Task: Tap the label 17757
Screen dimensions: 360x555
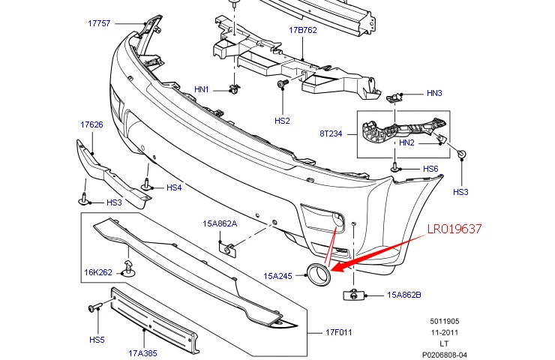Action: coord(100,23)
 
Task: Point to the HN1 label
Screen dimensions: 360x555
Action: coord(202,89)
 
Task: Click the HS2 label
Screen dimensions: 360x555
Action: coord(282,120)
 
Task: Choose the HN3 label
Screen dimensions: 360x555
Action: coord(435,94)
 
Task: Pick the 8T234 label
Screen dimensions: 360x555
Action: coord(331,133)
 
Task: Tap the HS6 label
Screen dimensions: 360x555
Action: coord(430,169)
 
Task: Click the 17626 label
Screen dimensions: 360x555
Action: coord(91,124)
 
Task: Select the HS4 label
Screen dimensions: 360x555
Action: coord(174,187)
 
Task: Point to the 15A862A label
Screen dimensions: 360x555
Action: coord(219,223)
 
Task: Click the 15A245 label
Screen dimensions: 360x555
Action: coord(278,276)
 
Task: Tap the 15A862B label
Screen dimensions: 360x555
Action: coord(404,295)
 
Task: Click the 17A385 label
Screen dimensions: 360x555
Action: coord(143,351)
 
